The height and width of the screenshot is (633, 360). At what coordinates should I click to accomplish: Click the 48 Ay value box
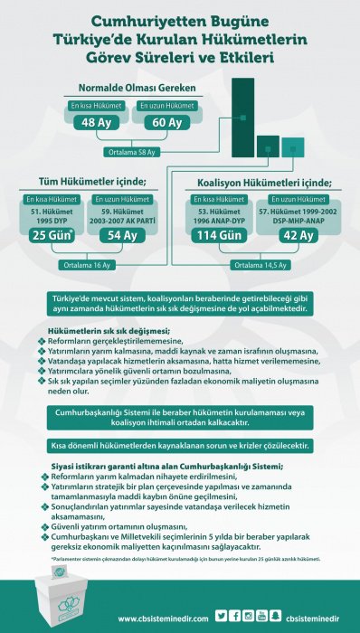coord(95,123)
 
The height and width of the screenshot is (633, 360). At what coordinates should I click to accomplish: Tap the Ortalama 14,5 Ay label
coord(260,265)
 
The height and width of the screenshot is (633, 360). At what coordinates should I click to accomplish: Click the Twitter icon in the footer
coord(221,616)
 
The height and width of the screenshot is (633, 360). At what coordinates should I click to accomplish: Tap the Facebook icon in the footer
coord(235,616)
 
